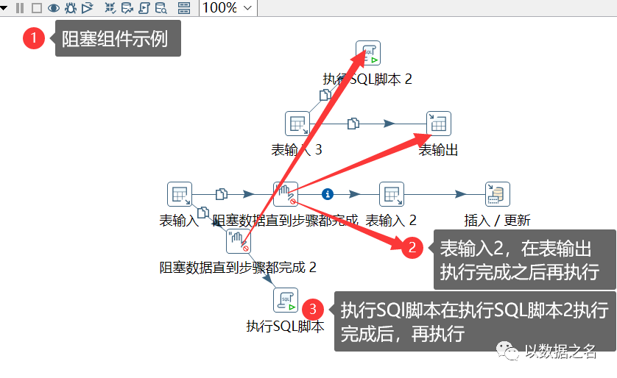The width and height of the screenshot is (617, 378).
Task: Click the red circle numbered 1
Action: (35, 38)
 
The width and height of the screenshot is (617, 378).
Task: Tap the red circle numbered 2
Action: (413, 248)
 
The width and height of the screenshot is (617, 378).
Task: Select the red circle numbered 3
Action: (313, 308)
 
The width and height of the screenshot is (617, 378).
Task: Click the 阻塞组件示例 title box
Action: (115, 39)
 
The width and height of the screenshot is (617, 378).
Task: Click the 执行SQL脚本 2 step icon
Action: (367, 54)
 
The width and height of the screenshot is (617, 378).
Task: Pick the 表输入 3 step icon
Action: (297, 124)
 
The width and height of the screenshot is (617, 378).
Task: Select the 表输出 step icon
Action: (438, 124)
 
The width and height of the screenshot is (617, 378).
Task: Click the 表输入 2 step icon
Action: (392, 194)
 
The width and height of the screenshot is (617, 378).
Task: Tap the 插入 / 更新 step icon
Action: (498, 194)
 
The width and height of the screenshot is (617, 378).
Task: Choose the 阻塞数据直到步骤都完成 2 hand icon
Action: (238, 238)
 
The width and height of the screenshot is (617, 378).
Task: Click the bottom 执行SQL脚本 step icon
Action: (286, 300)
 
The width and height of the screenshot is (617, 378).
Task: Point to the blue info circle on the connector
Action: (328, 194)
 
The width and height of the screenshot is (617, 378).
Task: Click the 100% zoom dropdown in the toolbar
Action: (228, 8)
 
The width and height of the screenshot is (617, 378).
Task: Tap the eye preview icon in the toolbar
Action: (54, 8)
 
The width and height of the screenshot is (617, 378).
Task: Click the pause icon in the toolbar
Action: (20, 8)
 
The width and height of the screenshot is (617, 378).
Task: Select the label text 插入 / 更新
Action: (497, 220)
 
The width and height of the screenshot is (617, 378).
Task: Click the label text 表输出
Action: (439, 150)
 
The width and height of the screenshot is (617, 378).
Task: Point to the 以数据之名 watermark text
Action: (560, 352)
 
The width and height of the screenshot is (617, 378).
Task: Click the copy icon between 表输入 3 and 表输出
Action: (353, 124)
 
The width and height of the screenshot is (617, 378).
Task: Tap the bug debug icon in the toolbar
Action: (71, 8)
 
